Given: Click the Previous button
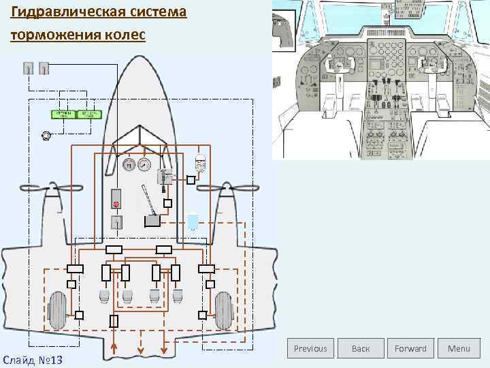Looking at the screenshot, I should (x=310, y=348).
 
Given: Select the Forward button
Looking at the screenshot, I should (x=410, y=348).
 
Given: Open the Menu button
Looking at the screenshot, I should (x=459, y=348).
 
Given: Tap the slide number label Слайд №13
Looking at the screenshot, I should (x=33, y=358).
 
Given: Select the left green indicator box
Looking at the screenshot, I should (x=63, y=114).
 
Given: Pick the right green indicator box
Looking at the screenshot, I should (x=88, y=114).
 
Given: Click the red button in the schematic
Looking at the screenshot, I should (x=116, y=204).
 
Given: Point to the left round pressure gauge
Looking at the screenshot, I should (x=129, y=164).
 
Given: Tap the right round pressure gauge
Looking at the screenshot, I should (x=144, y=164).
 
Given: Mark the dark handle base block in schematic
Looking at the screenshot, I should (x=152, y=220).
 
